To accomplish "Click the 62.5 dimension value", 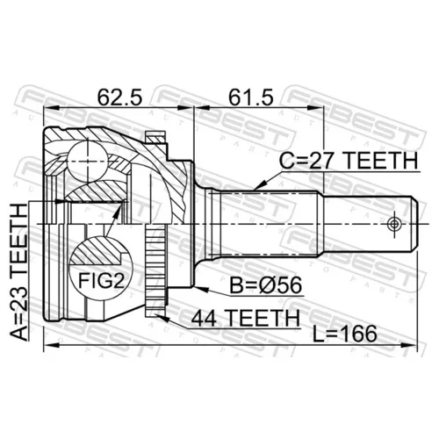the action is click(119, 97).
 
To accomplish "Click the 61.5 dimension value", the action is click(251, 97).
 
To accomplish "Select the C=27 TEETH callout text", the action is click(349, 161).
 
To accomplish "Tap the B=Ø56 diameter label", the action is click(265, 285).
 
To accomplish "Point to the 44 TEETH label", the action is click(246, 318).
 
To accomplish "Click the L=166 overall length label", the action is click(344, 334).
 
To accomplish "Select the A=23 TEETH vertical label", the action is click(19, 272).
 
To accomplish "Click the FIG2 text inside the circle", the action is click(101, 281).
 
